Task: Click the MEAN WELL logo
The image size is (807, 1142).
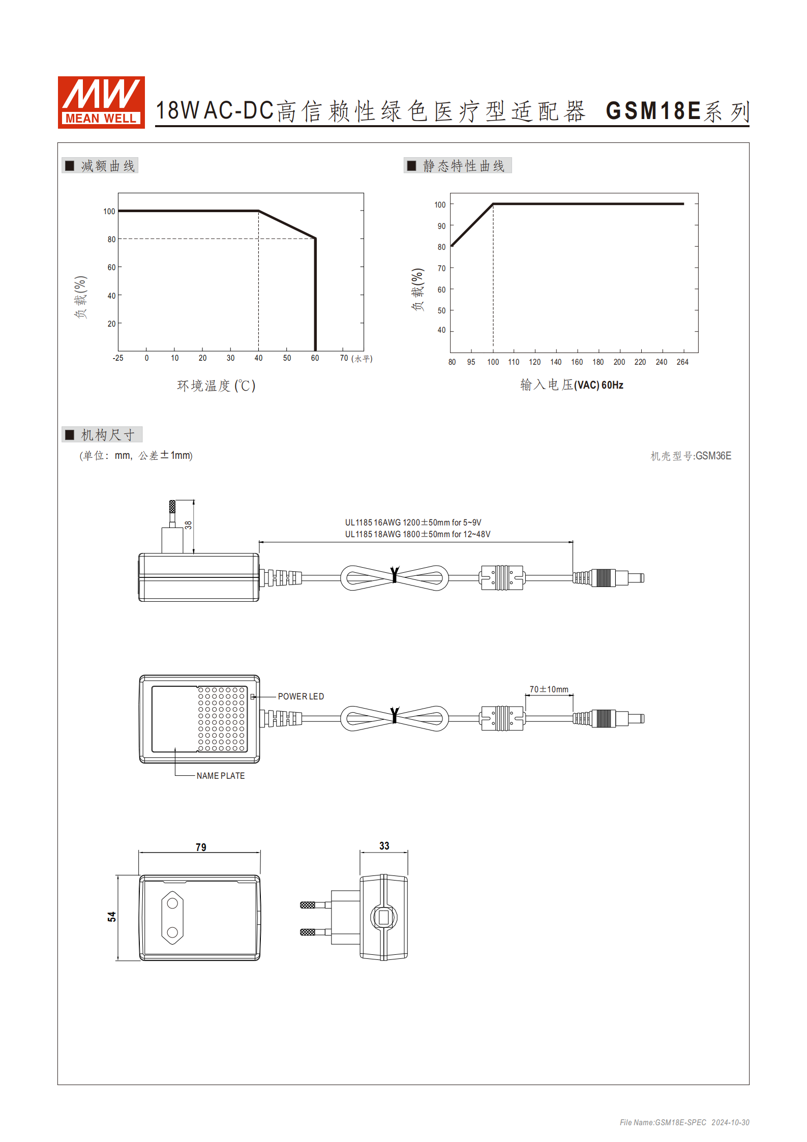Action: pyautogui.click(x=101, y=102)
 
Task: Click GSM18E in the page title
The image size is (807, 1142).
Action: pyautogui.click(x=653, y=111)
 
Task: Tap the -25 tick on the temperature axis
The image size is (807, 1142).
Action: pyautogui.click(x=118, y=358)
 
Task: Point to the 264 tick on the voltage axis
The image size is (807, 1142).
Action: pyautogui.click(x=682, y=362)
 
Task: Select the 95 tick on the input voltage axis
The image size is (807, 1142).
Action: pyautogui.click(x=471, y=362)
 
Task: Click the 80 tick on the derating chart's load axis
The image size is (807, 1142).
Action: pyautogui.click(x=111, y=240)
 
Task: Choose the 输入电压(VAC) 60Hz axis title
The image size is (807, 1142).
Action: pyautogui.click(x=572, y=385)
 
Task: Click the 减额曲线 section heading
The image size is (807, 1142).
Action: pyautogui.click(x=107, y=166)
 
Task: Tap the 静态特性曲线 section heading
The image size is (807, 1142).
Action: pyautogui.click(x=463, y=166)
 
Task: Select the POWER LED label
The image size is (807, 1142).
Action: pyautogui.click(x=301, y=696)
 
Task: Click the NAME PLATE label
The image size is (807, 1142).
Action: pyautogui.click(x=221, y=776)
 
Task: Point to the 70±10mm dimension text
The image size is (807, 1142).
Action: pyautogui.click(x=549, y=689)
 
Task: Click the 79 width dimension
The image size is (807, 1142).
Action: pyautogui.click(x=201, y=847)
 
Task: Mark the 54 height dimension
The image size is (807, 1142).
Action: pyautogui.click(x=112, y=917)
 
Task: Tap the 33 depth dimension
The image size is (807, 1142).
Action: pyautogui.click(x=384, y=846)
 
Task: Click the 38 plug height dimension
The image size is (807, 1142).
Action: pyautogui.click(x=189, y=525)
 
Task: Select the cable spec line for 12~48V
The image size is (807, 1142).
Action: pyautogui.click(x=417, y=534)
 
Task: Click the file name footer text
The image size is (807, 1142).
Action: pyautogui.click(x=684, y=1122)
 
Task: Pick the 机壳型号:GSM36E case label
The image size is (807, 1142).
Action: pyautogui.click(x=691, y=456)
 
